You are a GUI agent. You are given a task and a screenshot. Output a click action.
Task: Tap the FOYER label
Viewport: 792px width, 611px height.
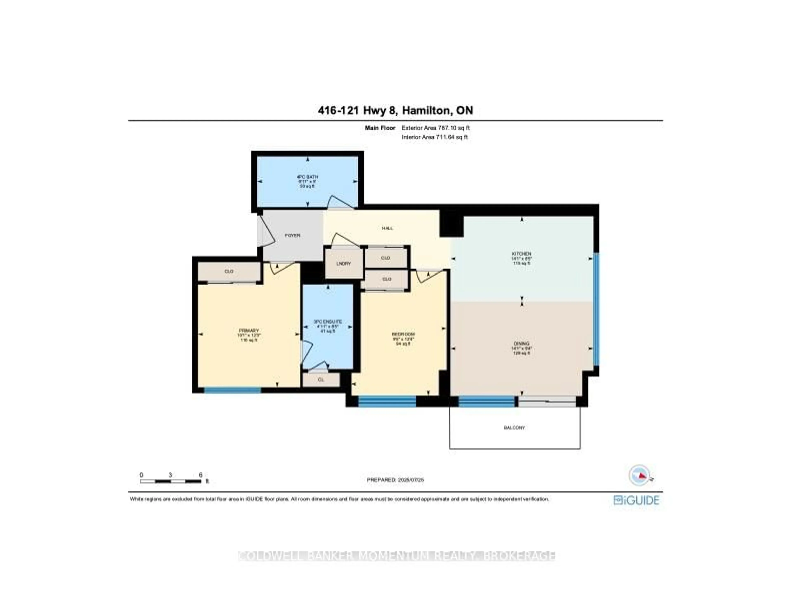(292, 235)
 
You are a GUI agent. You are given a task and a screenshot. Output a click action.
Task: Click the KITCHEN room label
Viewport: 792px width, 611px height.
(521, 254)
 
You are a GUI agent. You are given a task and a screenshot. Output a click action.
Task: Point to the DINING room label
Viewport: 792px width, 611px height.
(521, 343)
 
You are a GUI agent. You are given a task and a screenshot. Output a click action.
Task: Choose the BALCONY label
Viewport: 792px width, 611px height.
(514, 428)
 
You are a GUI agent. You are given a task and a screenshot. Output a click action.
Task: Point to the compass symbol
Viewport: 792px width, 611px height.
(639, 475)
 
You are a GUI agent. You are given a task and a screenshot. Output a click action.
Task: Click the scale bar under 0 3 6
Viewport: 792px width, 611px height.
(170, 481)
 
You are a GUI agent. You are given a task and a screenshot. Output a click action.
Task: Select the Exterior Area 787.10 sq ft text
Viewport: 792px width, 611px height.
(436, 128)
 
